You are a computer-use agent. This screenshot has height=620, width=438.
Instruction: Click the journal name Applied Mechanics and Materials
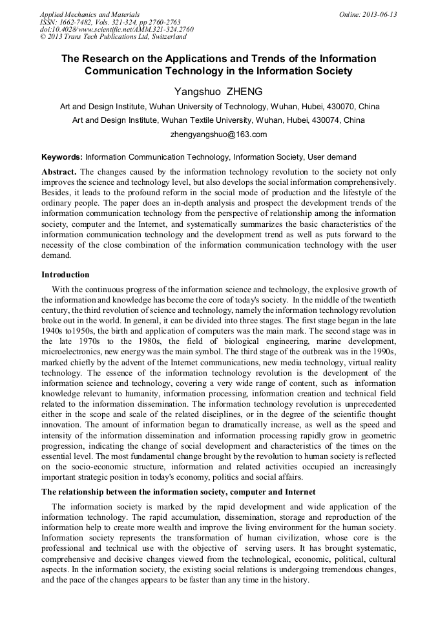(90, 14)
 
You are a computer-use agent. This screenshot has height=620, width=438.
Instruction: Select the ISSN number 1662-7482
(76, 22)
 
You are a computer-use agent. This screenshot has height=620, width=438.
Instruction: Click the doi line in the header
(116, 30)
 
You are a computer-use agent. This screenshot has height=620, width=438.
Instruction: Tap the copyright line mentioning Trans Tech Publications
(113, 37)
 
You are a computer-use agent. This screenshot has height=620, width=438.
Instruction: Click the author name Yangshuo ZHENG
(218, 92)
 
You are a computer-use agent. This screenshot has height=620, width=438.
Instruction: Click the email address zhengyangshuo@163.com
(218, 134)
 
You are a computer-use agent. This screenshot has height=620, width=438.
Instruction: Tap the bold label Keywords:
(62, 157)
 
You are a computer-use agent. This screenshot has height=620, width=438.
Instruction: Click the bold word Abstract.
(59, 172)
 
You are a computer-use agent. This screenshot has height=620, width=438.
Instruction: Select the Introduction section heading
(65, 275)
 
